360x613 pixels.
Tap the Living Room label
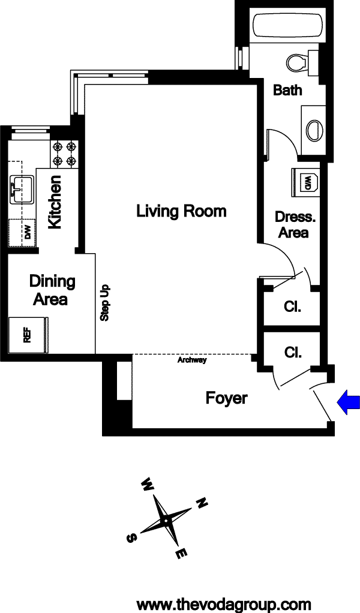click(x=181, y=211)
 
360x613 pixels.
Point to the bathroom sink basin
click(x=314, y=130)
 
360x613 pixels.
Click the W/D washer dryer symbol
click(x=305, y=181)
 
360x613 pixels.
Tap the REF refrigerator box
click(x=28, y=335)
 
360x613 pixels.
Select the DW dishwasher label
click(x=28, y=234)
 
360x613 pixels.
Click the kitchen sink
click(x=21, y=189)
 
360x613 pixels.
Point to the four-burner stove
click(x=64, y=154)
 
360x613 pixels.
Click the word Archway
click(x=192, y=360)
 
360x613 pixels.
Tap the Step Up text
click(x=105, y=302)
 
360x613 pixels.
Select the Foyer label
click(x=227, y=398)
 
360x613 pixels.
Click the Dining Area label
click(x=52, y=290)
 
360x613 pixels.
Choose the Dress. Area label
click(x=295, y=224)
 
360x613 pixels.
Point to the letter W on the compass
click(x=147, y=485)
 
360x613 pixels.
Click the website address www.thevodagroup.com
click(x=224, y=605)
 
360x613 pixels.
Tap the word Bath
click(x=287, y=90)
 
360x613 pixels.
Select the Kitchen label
click(x=55, y=202)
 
